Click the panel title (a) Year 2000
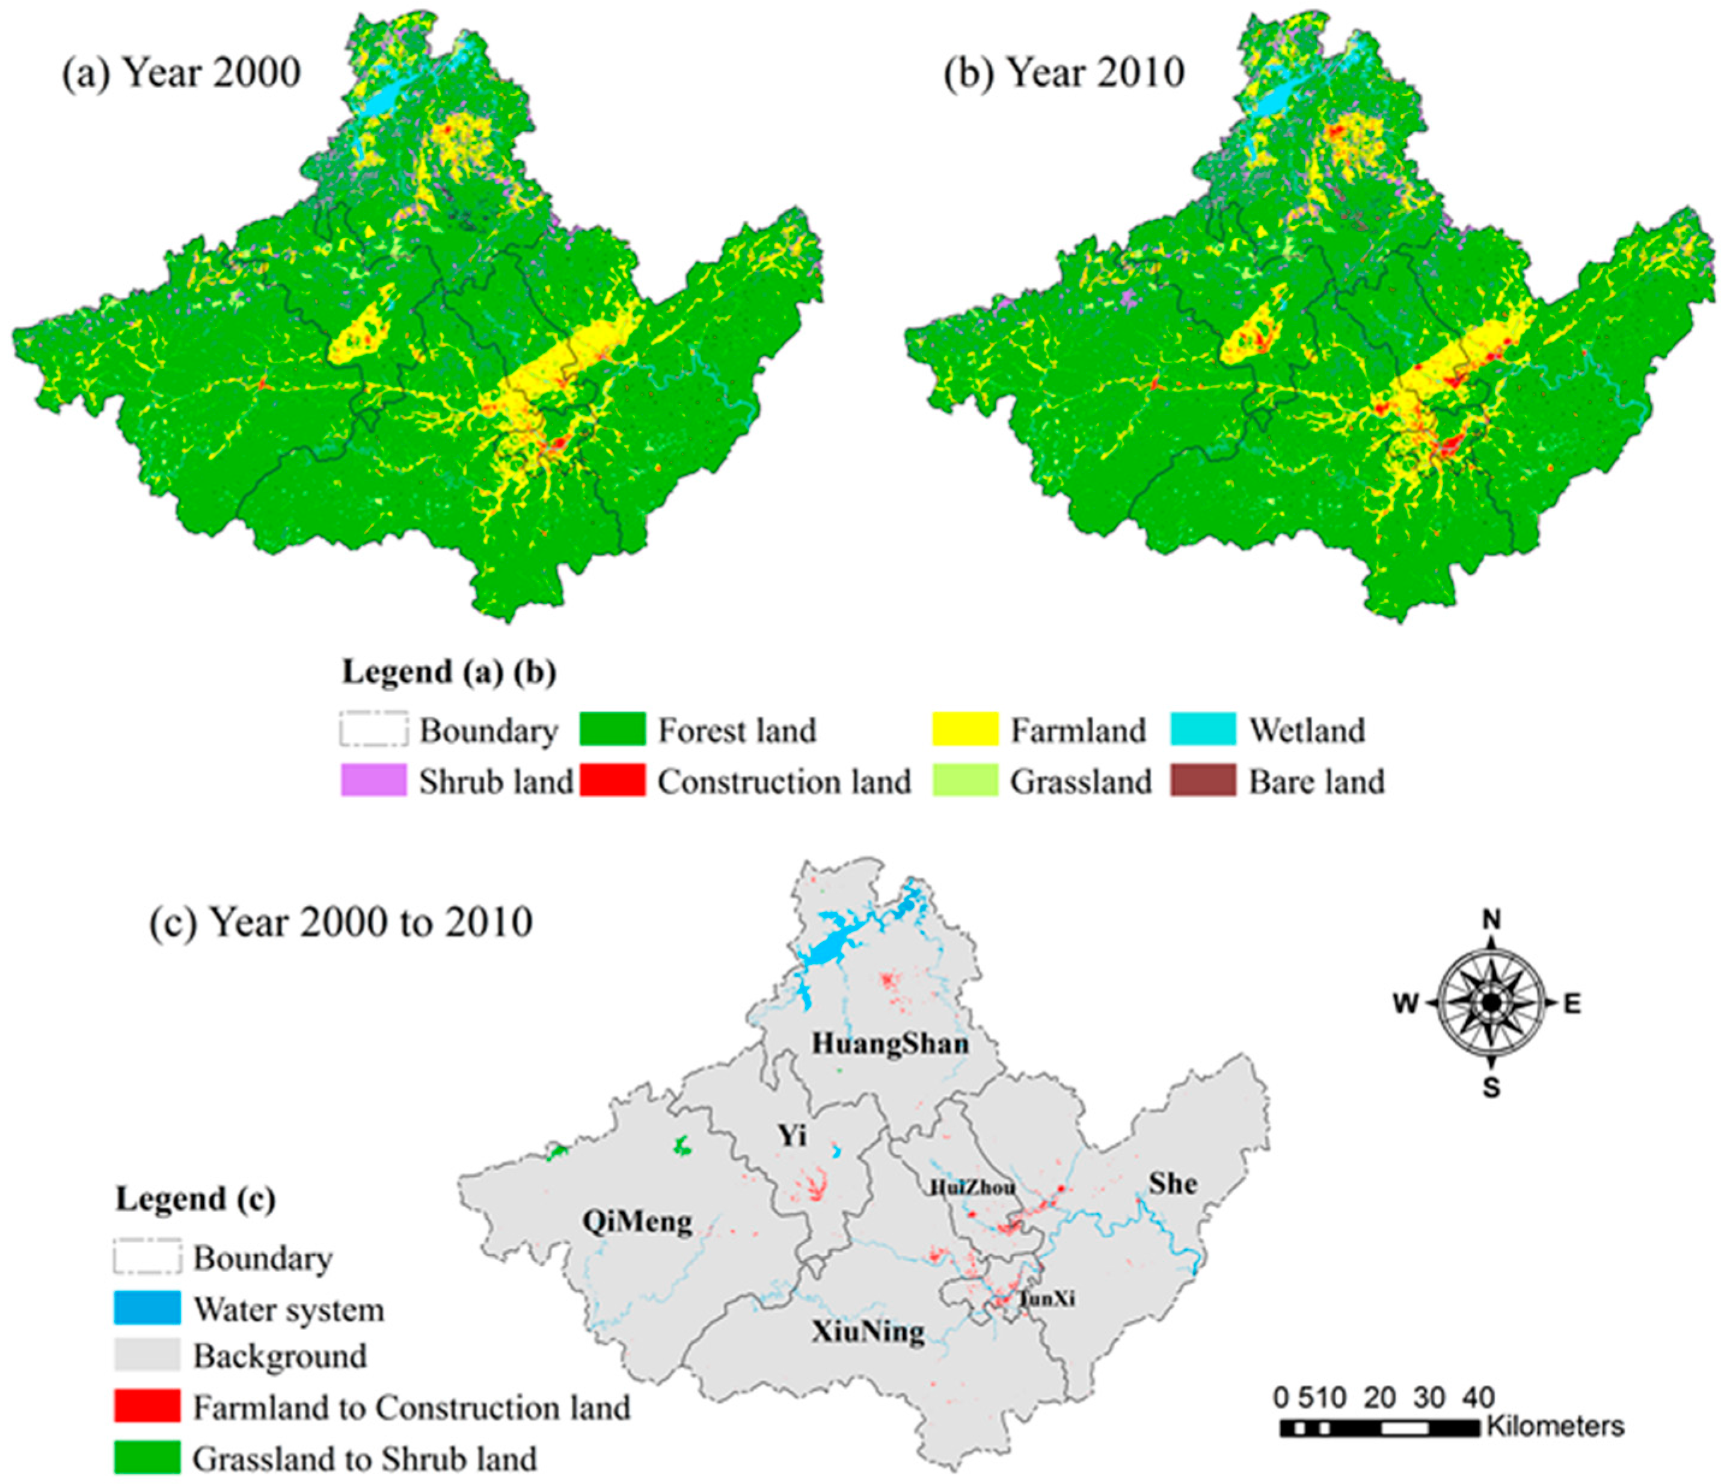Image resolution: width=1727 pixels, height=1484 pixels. pos(181,73)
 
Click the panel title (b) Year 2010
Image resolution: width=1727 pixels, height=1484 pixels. pos(1064,73)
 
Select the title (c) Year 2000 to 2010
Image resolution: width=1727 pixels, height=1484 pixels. pos(341,923)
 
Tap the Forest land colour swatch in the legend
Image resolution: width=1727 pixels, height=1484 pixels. pos(613,729)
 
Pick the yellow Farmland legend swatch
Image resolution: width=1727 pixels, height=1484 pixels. pos(965,729)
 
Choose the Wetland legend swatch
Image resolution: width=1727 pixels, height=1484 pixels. pos(1203,729)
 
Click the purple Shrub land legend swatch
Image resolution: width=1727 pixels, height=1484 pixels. pos(373,781)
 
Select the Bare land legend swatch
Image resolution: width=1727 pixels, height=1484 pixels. pos(1203,781)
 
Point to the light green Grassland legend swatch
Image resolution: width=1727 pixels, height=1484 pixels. pos(965,781)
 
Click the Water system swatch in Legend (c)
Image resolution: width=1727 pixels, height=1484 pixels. pos(147,1308)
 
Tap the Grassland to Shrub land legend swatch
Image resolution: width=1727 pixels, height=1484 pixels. pos(147,1458)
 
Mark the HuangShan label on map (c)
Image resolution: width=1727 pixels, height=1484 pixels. pos(890,1044)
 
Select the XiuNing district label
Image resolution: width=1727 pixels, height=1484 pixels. pos(868,1331)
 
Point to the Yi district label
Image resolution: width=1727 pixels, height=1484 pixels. pos(792,1135)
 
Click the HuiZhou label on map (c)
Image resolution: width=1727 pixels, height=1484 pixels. pos(973,1187)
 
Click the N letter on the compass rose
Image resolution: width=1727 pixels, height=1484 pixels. pos(1491,920)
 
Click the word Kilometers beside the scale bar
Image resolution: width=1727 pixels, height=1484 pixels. pos(1555,1426)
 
